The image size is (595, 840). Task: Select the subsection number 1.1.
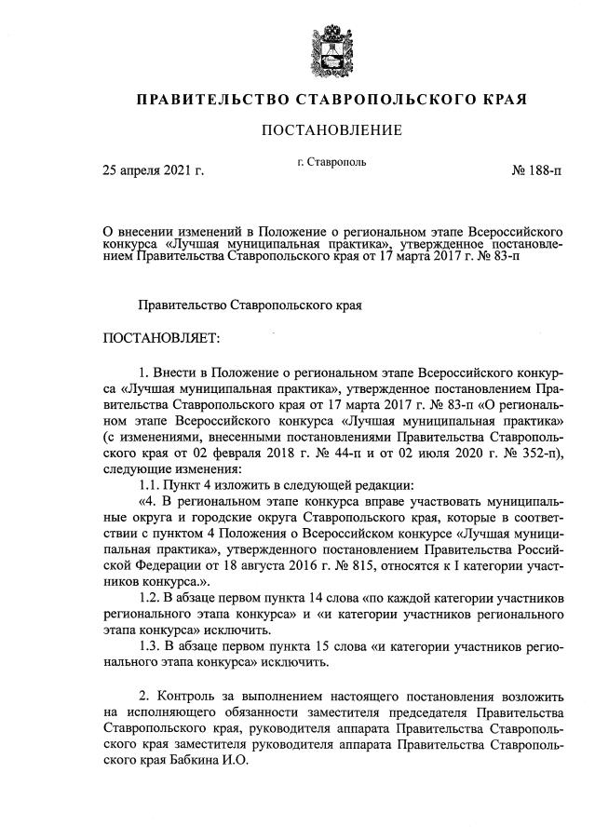[x=150, y=485]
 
